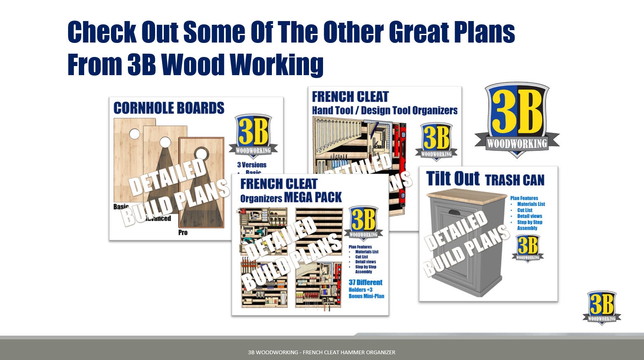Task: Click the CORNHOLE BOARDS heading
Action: tap(169, 108)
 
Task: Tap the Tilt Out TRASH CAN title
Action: tap(485, 179)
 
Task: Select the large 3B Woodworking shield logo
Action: tap(517, 119)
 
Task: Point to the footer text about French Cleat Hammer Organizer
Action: tap(321, 352)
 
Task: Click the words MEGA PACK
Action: tap(313, 198)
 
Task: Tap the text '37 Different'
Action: tap(366, 282)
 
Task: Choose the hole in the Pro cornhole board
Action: tap(202, 154)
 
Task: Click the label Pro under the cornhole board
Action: tap(183, 232)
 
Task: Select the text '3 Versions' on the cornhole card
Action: tap(252, 165)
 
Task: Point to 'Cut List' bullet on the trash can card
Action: tap(525, 210)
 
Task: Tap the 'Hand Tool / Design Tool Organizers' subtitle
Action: tap(385, 111)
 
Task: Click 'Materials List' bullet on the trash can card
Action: tap(531, 204)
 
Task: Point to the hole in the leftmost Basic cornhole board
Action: tap(134, 134)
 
